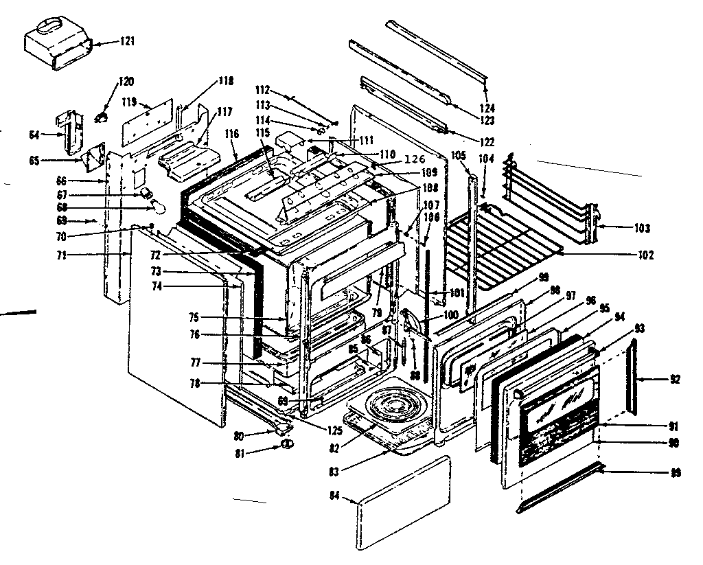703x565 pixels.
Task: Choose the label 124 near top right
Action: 487,108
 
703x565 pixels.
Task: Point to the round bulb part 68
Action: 158,206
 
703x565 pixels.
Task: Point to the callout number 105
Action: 458,154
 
